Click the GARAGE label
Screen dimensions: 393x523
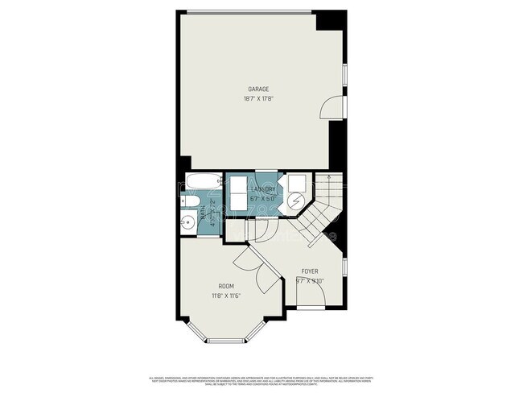[x=257, y=89]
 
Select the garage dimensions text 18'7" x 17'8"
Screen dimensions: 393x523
[x=257, y=99]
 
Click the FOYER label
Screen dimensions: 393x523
[x=310, y=271]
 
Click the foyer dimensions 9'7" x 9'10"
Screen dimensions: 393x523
[x=309, y=281]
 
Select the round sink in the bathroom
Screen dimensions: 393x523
[x=187, y=223]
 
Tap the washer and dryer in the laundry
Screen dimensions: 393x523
[x=241, y=194]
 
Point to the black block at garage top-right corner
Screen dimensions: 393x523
[x=330, y=20]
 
